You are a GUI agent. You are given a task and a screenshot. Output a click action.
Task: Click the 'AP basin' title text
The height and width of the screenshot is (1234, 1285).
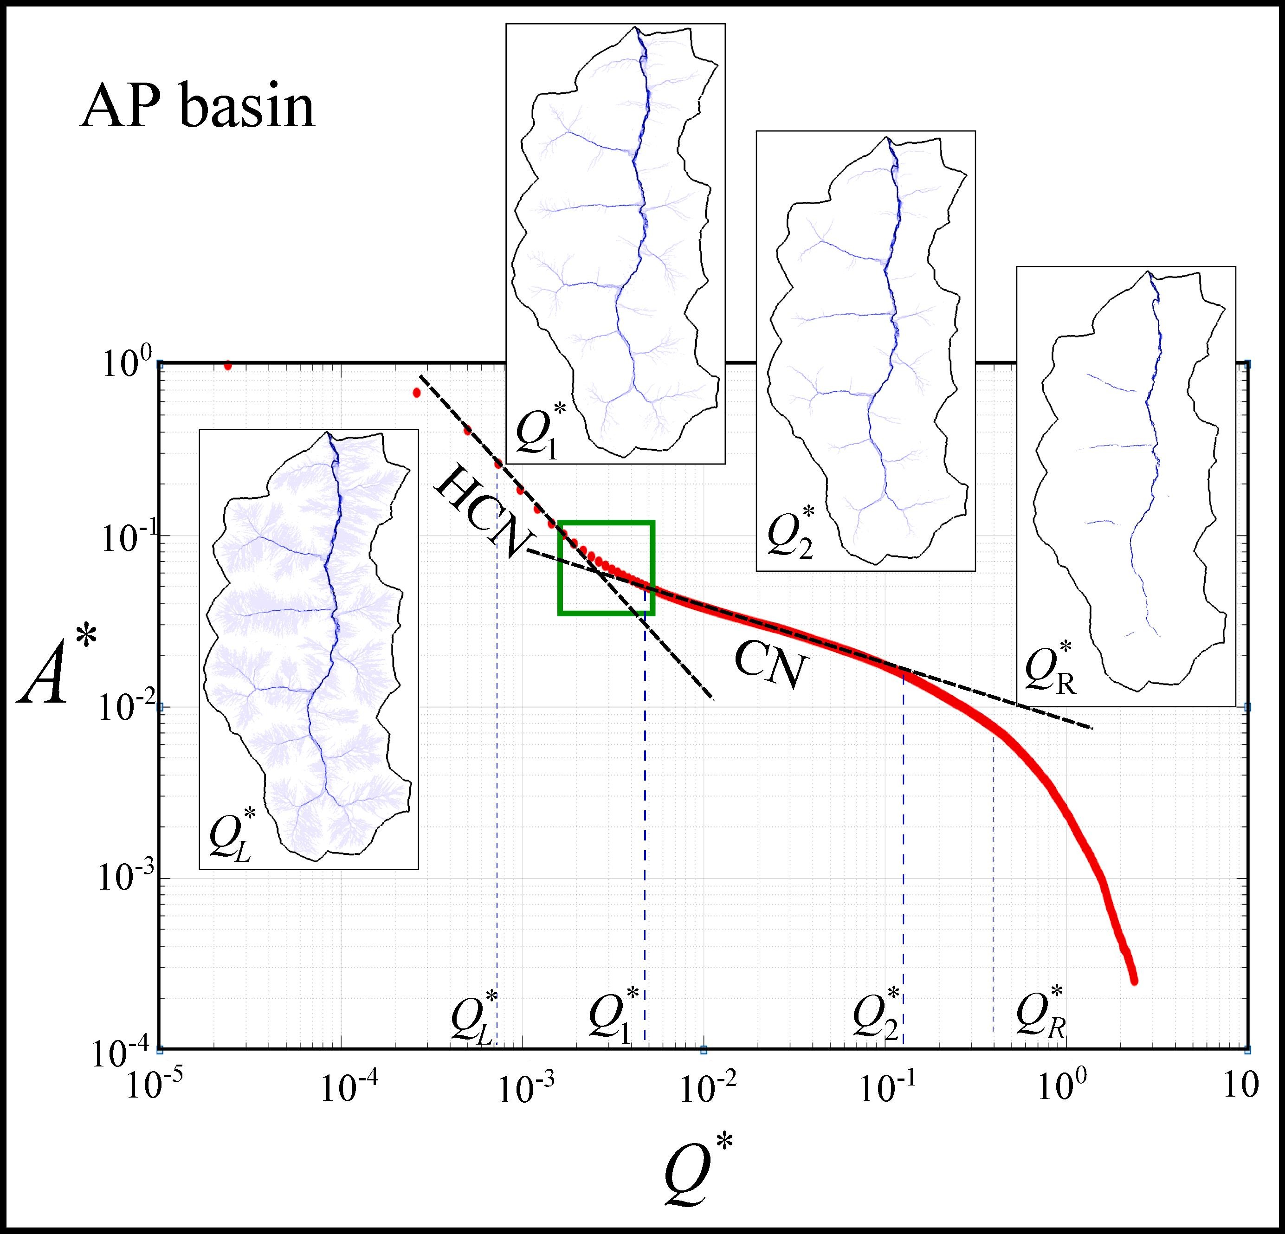[x=197, y=108]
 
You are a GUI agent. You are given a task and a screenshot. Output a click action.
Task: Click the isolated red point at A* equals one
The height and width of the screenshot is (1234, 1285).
[x=227, y=366]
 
